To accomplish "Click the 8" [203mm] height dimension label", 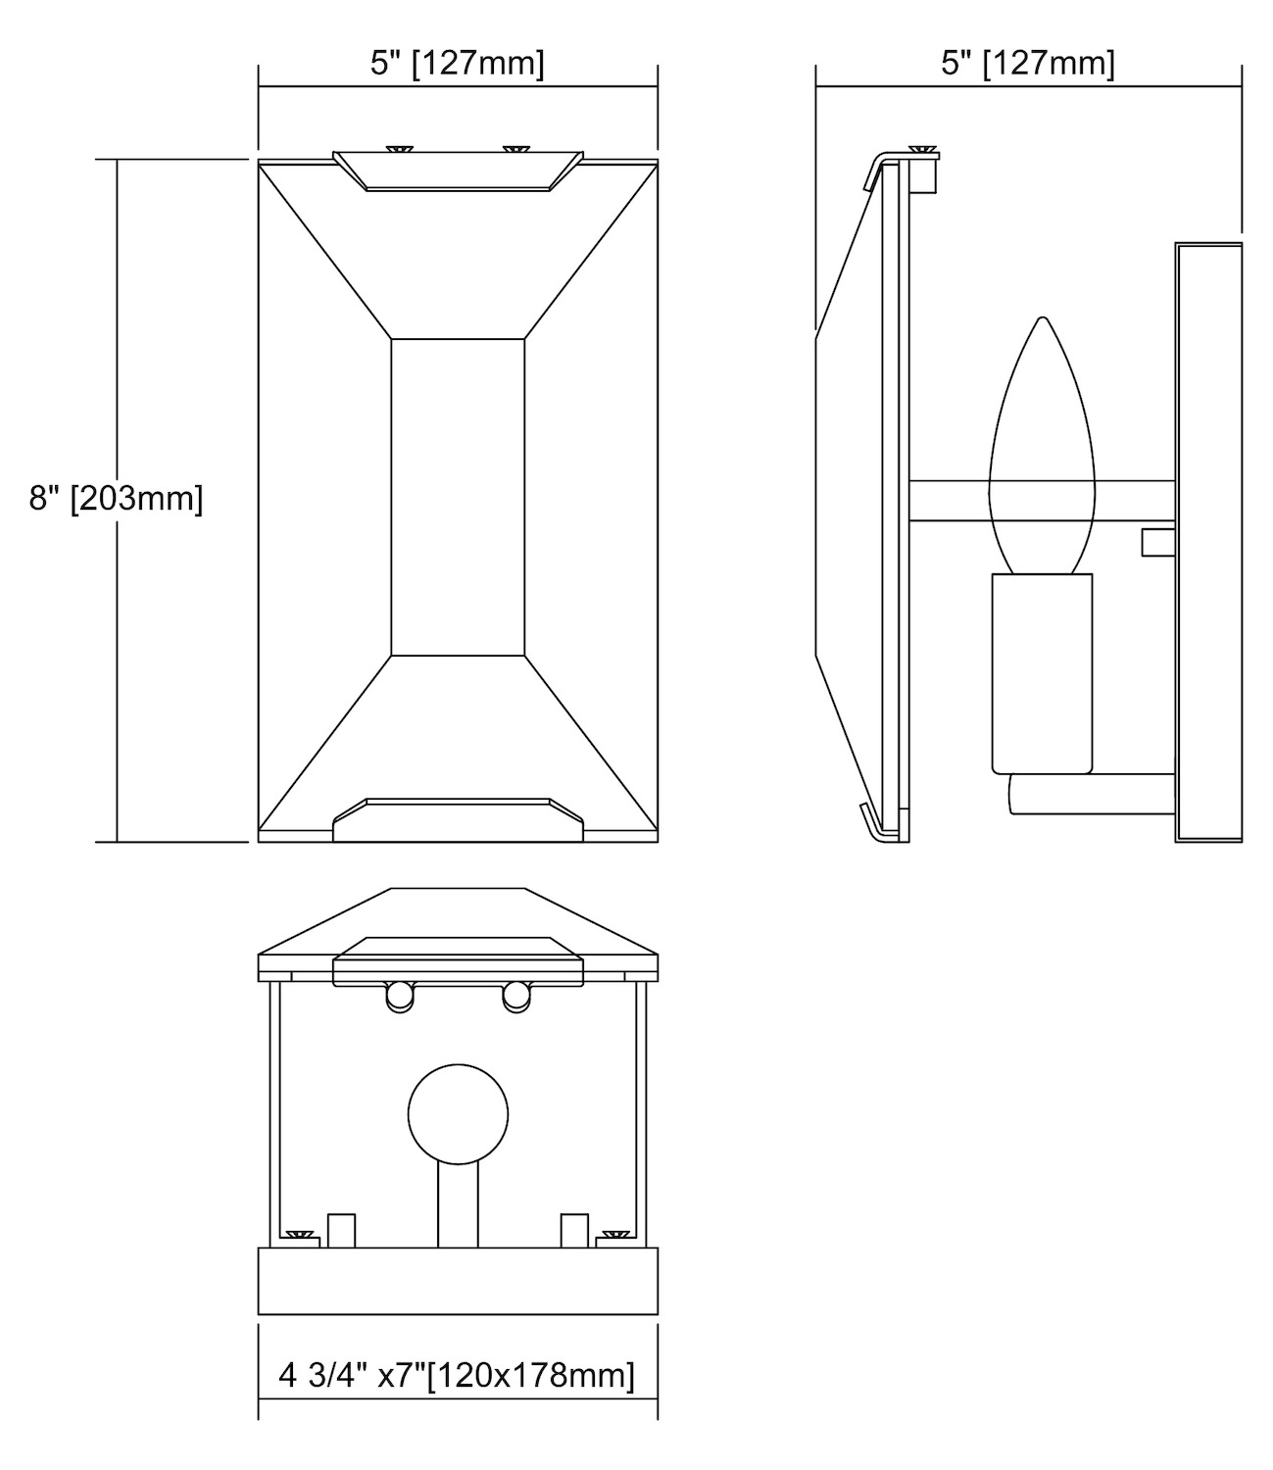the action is [116, 499].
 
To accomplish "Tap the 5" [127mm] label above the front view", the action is [458, 64].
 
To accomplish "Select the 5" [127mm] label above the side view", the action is [1028, 64].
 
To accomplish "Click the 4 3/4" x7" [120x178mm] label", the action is [457, 1375].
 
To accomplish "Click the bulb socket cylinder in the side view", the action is [1042, 673].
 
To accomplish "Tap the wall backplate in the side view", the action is [1208, 543].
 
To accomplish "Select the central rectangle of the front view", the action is [458, 497].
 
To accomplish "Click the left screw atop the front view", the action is [400, 149].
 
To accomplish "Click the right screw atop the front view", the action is [515, 149].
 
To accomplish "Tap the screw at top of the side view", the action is [922, 149].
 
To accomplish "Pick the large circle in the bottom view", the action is [458, 1114].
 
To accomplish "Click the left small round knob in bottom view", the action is [400, 997].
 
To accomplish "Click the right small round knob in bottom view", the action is [516, 997].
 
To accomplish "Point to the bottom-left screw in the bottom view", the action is [299, 1233].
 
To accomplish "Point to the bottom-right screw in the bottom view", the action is [616, 1233].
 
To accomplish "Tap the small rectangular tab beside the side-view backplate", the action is [1157, 542].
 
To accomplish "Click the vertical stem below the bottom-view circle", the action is [458, 1205].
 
